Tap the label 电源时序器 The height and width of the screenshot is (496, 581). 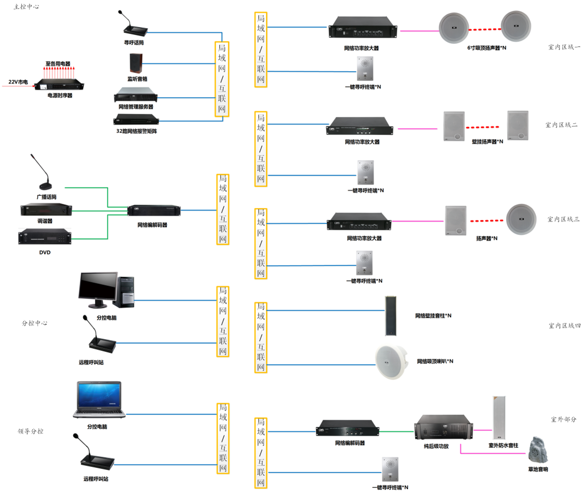[x=60, y=96]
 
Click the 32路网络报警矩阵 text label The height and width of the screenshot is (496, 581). [x=137, y=132]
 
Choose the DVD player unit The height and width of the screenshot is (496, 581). [x=45, y=237]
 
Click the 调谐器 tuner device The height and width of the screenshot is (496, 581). [x=46, y=208]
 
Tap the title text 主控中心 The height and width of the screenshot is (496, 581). [x=27, y=7]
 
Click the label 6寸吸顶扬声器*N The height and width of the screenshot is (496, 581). [x=487, y=48]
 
